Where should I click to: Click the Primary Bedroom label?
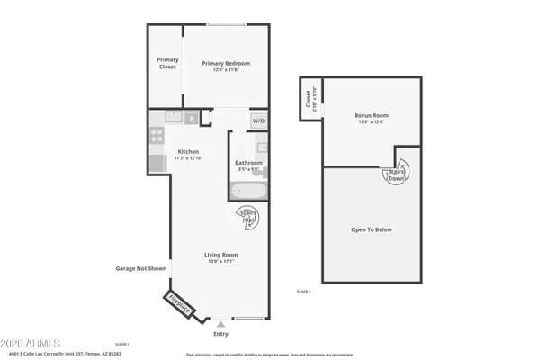(x=226, y=63)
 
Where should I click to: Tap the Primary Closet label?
(x=167, y=63)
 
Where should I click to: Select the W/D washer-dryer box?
(x=258, y=120)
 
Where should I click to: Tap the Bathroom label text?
(x=249, y=163)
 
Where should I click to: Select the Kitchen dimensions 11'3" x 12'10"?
(x=188, y=158)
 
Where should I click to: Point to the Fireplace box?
(x=180, y=306)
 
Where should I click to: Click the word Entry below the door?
(x=220, y=334)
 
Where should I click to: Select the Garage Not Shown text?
(x=141, y=268)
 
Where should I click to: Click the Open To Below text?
(x=372, y=229)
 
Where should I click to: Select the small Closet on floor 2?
(x=309, y=99)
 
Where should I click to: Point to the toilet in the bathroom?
(x=260, y=148)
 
